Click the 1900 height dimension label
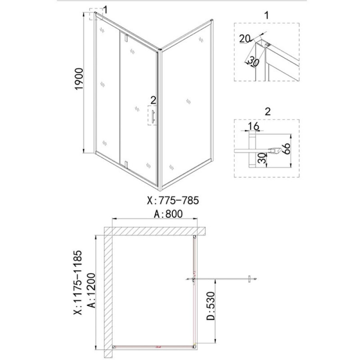[x=79, y=79]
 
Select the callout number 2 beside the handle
[x=153, y=100]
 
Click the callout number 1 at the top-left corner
[x=105, y=10]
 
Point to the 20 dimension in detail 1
[x=244, y=38]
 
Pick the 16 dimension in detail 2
[x=254, y=126]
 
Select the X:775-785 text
[x=173, y=200]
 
